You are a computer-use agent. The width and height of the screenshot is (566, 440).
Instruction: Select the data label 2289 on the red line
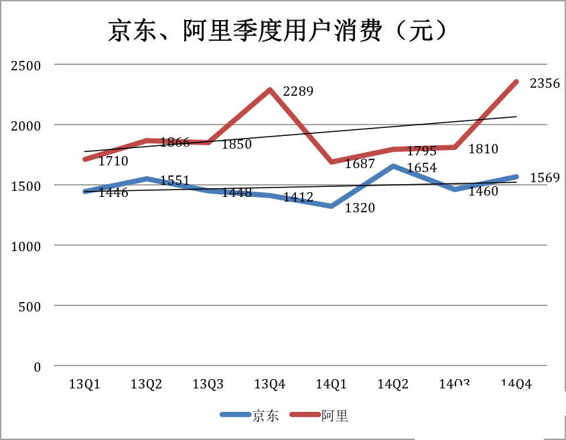pyautogui.click(x=298, y=91)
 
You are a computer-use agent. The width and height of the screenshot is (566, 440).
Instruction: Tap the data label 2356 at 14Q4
pyautogui.click(x=545, y=84)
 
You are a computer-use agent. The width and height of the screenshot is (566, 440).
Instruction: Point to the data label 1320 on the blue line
pyautogui.click(x=360, y=208)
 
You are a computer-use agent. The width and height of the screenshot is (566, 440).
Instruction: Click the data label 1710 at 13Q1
pyautogui.click(x=113, y=161)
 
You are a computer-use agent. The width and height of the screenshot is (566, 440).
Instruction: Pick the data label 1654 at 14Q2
pyautogui.click(x=421, y=168)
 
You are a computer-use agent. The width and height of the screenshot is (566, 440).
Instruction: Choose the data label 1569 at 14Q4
pyautogui.click(x=545, y=178)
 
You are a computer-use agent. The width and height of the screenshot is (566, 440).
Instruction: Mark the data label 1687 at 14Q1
pyautogui.click(x=360, y=164)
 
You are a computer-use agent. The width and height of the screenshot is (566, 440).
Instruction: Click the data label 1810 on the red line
pyautogui.click(x=483, y=150)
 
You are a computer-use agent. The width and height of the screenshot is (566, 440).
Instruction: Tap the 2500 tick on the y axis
pyautogui.click(x=25, y=65)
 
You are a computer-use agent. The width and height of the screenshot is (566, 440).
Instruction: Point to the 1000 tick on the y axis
pyautogui.click(x=25, y=246)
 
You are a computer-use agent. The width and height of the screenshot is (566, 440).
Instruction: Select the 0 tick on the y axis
pyautogui.click(x=37, y=367)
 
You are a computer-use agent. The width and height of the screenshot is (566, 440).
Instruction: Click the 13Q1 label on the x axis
pyautogui.click(x=85, y=384)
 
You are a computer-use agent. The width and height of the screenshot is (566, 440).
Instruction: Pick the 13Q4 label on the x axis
pyautogui.click(x=270, y=384)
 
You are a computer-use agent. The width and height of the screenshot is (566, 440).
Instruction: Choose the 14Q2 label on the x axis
pyautogui.click(x=393, y=384)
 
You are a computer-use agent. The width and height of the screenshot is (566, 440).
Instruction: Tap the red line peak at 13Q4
pyautogui.click(x=270, y=90)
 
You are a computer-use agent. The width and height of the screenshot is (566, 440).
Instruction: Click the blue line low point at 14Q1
pyautogui.click(x=332, y=206)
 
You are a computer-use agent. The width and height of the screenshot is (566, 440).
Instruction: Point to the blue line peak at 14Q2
pyautogui.click(x=393, y=165)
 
